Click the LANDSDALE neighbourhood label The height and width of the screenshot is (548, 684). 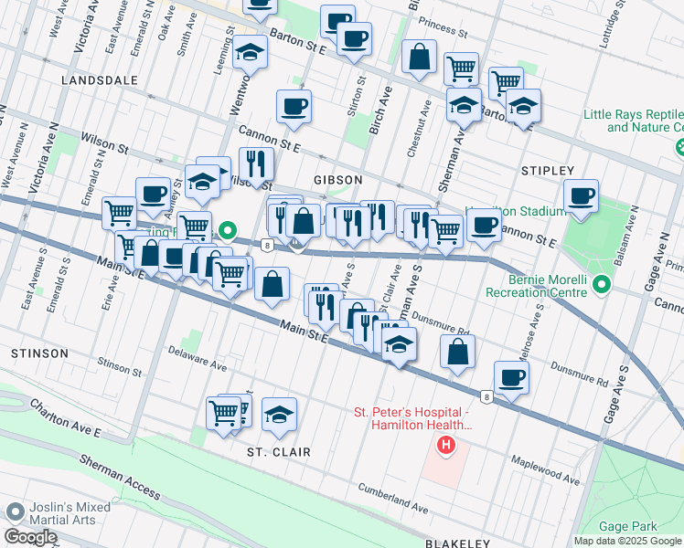point(99,80)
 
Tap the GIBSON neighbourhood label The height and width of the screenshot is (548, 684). point(338,180)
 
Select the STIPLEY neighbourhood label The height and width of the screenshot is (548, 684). point(547,171)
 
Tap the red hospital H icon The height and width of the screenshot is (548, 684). point(445,446)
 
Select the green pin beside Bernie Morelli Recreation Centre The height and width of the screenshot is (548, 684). point(601,285)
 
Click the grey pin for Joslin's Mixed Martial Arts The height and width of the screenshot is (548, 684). point(14,512)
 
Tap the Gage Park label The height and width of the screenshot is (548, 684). point(627,526)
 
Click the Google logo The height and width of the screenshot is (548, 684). point(29,538)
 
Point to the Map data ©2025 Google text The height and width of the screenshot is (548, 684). point(627,541)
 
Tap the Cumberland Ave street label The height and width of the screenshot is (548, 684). point(393,501)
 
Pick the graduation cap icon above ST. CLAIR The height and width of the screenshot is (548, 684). point(279,414)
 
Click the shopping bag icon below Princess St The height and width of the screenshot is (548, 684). point(419,57)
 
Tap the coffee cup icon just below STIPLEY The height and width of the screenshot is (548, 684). point(581,195)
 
